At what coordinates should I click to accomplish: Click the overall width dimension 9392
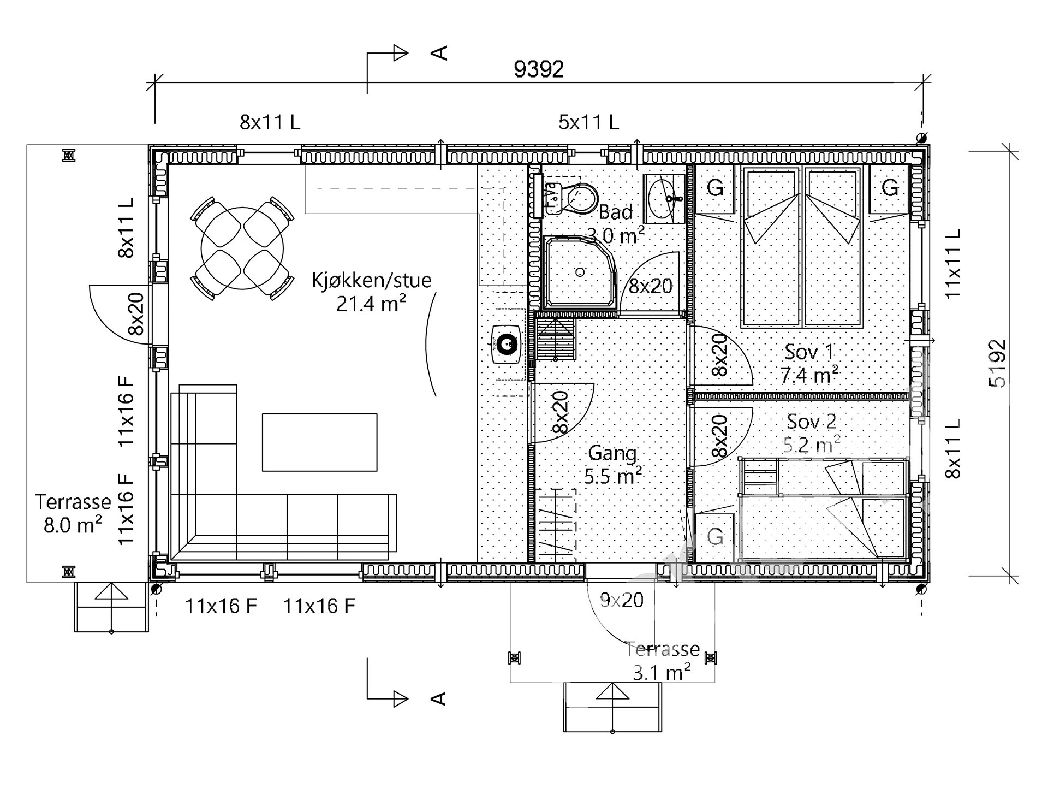539,69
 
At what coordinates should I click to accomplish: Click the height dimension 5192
997,364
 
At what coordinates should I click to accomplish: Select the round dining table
242,248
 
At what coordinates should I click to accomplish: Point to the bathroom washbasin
664,199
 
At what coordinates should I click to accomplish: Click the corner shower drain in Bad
580,272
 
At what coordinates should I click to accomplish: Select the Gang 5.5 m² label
613,465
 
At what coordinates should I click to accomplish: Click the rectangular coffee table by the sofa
319,442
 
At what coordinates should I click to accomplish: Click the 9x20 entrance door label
622,600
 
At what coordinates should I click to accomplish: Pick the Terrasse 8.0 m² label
73,513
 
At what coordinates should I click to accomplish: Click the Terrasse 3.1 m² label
662,661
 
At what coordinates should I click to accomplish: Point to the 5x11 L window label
588,122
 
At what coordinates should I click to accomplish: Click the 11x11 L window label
952,263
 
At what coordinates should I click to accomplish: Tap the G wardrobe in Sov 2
715,537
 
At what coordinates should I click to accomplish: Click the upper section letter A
439,53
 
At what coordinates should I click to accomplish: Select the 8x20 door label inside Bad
651,286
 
